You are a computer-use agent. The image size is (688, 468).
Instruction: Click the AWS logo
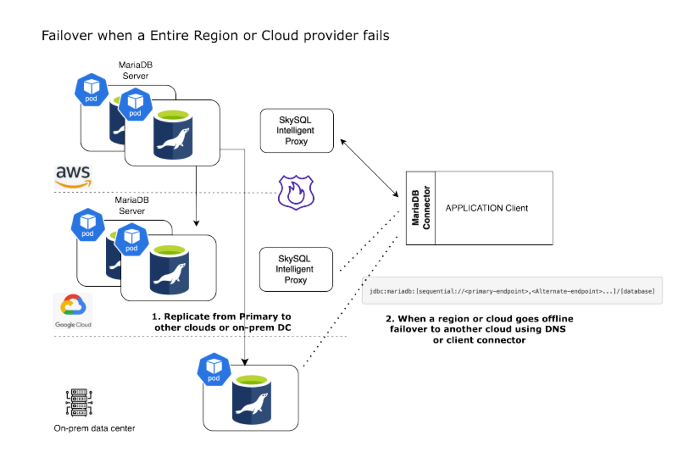pos(73,177)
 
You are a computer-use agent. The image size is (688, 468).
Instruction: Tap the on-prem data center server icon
pos(79,402)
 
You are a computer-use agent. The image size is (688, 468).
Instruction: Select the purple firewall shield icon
pos(296,192)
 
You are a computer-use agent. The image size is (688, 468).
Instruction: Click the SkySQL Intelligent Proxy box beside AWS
pos(297,131)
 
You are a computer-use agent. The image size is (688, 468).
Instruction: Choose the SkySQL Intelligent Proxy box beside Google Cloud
pos(296,269)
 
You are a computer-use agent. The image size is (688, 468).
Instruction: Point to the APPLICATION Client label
pos(486,208)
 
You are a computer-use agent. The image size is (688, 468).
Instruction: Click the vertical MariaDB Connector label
pos(421,208)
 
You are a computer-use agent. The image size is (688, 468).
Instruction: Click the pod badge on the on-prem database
pos(214,369)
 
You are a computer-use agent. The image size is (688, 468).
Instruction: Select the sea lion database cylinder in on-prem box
pos(252,400)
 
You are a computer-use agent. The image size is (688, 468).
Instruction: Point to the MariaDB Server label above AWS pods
pos(135,70)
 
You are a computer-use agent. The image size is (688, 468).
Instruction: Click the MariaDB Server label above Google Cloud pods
pos(132,205)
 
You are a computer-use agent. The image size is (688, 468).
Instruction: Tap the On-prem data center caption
pos(94,429)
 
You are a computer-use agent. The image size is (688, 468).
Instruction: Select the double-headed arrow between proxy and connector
pos(369,168)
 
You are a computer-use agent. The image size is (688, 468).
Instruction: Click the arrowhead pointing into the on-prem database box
pos(245,362)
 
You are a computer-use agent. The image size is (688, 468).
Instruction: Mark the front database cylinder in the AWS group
pos(173,135)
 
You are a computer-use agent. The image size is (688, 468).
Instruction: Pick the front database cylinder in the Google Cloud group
pos(169,270)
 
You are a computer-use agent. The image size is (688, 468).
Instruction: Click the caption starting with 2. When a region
pos(479,329)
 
